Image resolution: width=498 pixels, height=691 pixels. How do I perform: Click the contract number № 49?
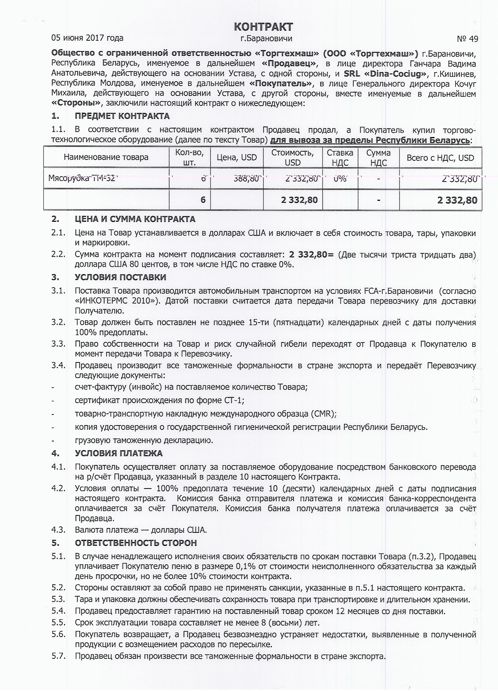[467, 39]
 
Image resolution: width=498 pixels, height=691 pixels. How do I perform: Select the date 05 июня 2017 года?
[87, 38]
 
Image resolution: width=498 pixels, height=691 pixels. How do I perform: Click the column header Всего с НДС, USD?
[440, 158]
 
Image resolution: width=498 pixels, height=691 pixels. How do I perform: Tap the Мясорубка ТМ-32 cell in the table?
[82, 178]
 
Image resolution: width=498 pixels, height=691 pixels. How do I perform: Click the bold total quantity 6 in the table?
[203, 200]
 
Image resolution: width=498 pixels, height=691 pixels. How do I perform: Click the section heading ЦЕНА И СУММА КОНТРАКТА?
[135, 219]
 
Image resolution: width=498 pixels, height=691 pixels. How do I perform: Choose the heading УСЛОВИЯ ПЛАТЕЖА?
[119, 453]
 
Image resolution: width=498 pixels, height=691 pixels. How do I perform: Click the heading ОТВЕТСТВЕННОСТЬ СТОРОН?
[136, 543]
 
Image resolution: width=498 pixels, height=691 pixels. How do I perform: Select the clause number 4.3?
[58, 530]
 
